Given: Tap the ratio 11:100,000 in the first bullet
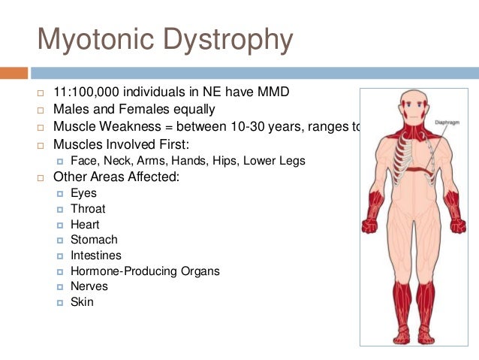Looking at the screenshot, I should coord(89,93).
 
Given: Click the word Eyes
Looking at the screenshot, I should coord(83,193).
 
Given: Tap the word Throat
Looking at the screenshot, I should coord(88,209).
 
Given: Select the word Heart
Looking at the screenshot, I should coord(85,225).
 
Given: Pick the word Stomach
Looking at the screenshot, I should coord(94,240).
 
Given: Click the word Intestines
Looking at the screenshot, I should coord(97,256).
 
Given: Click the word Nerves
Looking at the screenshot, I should coord(89,286).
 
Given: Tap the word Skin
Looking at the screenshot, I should coord(82,302).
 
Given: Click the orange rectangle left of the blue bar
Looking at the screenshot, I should coord(14,73).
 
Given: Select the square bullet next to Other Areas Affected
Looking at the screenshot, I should coord(42,178).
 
